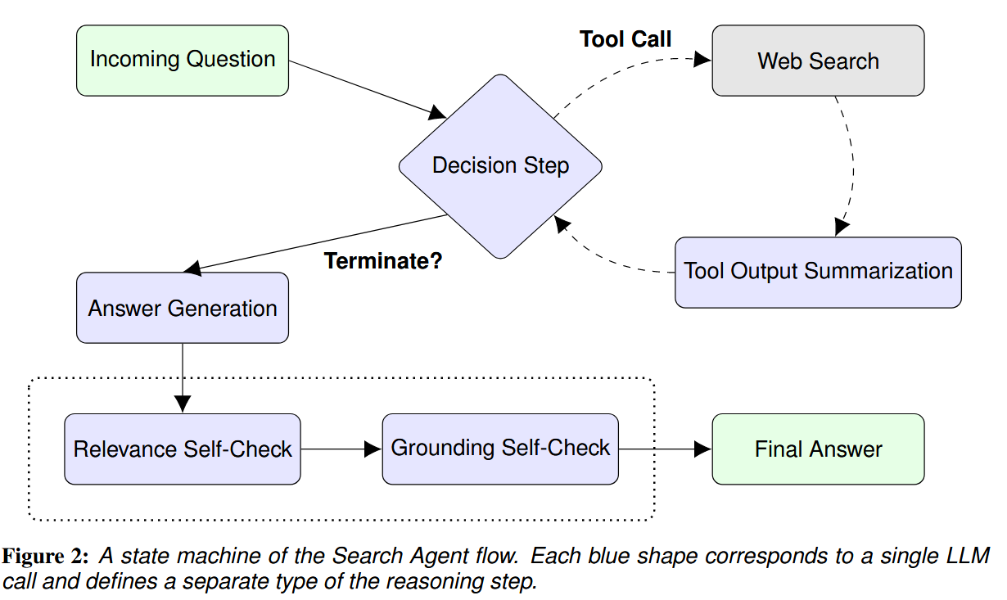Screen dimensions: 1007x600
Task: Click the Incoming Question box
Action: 183,61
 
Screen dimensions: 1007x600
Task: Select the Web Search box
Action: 818,61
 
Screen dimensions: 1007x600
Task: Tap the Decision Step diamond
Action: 500,166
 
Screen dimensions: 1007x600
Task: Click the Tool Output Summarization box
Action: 818,273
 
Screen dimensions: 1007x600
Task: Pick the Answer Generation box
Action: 183,308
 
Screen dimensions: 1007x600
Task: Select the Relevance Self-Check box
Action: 183,449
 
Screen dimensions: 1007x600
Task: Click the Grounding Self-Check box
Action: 500,449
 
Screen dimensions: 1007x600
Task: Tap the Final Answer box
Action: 818,449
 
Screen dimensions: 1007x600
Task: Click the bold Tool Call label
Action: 625,39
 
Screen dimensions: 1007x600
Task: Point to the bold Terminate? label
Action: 383,261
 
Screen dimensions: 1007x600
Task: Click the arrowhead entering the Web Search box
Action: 702,59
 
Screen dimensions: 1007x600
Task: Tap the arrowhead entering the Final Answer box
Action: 703,449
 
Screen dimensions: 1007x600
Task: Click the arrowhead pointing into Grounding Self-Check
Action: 373,449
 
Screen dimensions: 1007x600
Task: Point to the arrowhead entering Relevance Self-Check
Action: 183,404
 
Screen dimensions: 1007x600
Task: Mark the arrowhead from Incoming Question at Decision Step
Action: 437,113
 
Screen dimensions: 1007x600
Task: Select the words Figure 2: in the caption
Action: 45,557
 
